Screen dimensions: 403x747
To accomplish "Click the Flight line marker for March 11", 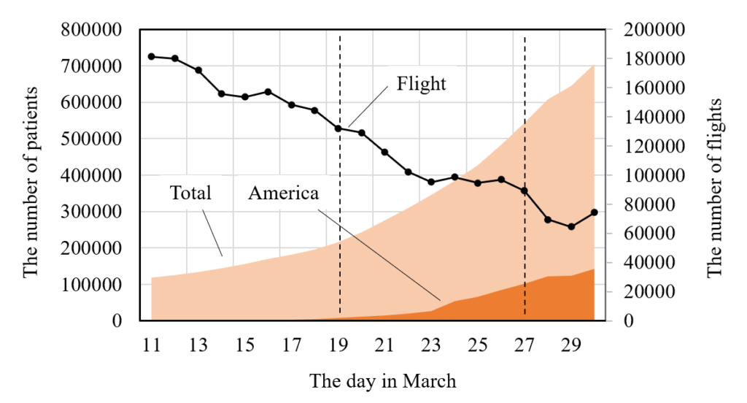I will [152, 56].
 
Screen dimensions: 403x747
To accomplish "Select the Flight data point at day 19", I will [338, 128].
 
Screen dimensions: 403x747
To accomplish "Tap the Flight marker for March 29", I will [571, 227].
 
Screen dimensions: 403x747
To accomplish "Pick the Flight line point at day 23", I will [431, 182].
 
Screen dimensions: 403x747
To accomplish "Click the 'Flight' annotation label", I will [421, 84].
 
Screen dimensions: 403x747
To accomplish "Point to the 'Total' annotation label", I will [190, 193].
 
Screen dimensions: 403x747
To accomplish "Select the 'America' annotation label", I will [283, 193].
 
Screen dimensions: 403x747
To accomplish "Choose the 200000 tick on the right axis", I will [654, 31].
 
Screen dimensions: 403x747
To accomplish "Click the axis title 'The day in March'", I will [382, 381].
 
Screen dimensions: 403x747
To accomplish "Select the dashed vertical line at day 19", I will [340, 219].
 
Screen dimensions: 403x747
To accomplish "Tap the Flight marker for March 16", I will [268, 92].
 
